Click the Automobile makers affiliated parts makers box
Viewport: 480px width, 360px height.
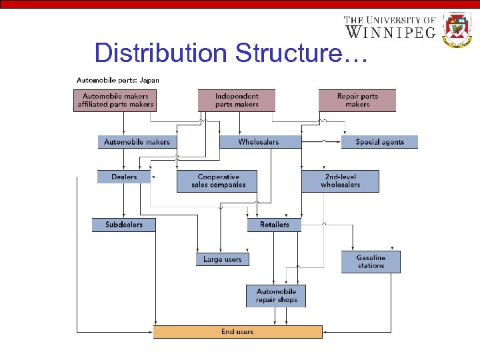115,100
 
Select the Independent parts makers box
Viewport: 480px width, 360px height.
237,100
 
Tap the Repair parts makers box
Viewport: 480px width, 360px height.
357,100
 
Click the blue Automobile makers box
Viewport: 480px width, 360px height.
137,142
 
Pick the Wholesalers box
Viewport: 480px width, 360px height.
259,142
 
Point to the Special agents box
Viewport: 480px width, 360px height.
379,142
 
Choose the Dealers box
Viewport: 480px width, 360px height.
124,177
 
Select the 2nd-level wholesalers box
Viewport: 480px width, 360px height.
340,181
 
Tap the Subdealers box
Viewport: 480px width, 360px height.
124,225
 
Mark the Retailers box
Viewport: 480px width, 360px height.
274,225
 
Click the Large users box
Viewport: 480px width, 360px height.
223,259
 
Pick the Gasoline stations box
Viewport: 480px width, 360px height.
371,261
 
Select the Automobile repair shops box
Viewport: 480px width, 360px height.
276,296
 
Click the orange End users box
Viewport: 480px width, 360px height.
237,331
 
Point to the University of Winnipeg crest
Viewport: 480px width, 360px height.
457,29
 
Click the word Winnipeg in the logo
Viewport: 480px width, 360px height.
390,31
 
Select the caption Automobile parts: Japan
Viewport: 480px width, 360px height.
118,80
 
